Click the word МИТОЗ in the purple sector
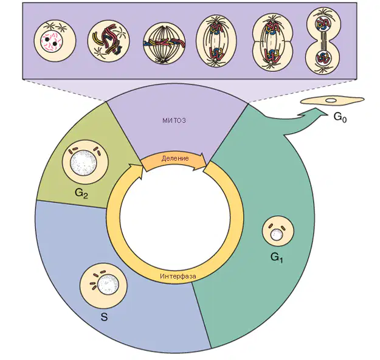click(x=174, y=120)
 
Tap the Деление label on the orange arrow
click(x=175, y=159)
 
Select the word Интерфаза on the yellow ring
click(x=178, y=276)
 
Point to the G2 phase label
click(x=81, y=193)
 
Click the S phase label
click(x=104, y=317)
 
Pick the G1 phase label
click(x=277, y=258)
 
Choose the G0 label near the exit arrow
click(x=340, y=117)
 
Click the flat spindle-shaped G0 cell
click(x=332, y=100)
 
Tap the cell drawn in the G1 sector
click(x=278, y=231)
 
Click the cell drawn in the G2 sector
click(x=85, y=162)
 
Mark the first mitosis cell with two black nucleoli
click(x=55, y=41)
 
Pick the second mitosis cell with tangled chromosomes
click(x=108, y=41)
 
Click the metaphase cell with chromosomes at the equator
click(x=164, y=44)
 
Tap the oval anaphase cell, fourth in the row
click(x=216, y=42)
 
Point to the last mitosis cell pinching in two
click(x=323, y=41)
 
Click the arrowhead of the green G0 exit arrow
click(x=315, y=113)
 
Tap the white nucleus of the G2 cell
click(x=83, y=163)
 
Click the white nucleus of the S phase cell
click(x=108, y=285)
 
